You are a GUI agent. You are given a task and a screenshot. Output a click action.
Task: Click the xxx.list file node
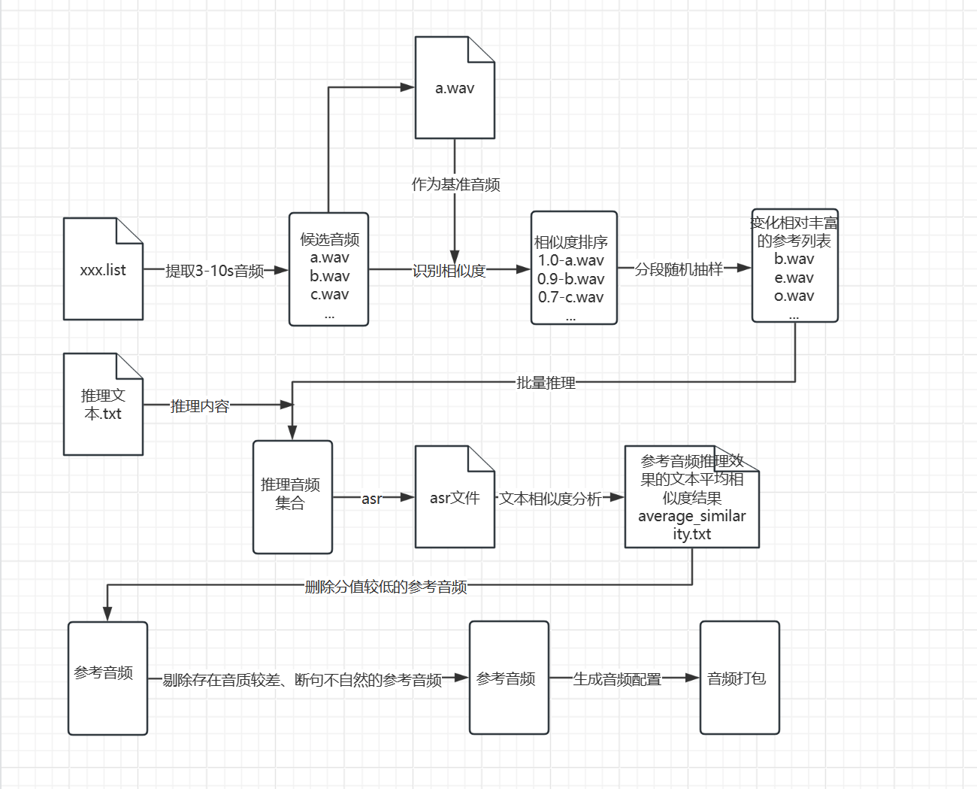(103, 269)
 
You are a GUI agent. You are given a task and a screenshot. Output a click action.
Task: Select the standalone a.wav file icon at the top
(455, 88)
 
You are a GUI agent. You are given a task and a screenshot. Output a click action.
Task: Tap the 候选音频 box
(329, 269)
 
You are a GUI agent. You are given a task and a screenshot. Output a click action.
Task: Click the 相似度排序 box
(573, 268)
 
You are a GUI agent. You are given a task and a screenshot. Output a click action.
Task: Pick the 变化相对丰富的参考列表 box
(794, 266)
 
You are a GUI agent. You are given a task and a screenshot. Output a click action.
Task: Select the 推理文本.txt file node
(103, 405)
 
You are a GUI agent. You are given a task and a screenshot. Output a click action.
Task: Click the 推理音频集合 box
(292, 496)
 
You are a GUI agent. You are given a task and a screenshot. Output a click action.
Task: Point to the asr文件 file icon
(455, 497)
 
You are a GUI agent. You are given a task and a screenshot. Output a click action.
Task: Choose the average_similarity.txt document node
(691, 497)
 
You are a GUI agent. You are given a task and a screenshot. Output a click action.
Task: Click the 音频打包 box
(740, 678)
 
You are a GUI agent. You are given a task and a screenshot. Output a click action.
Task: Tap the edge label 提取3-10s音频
(215, 271)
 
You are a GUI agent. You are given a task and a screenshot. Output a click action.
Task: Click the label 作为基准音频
(455, 184)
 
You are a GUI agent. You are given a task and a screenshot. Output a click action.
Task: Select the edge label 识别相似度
(449, 270)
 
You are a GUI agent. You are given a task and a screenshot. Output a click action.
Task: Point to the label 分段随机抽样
(679, 269)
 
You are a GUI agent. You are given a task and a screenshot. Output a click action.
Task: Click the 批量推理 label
(546, 383)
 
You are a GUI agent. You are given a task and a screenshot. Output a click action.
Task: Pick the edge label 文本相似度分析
(550, 499)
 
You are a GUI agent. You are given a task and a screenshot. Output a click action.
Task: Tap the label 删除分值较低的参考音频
(386, 587)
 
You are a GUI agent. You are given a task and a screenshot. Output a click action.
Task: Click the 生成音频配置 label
(617, 679)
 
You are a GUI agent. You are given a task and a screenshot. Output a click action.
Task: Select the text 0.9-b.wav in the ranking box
(570, 279)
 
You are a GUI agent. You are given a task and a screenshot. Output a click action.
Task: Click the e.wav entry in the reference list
(794, 278)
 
